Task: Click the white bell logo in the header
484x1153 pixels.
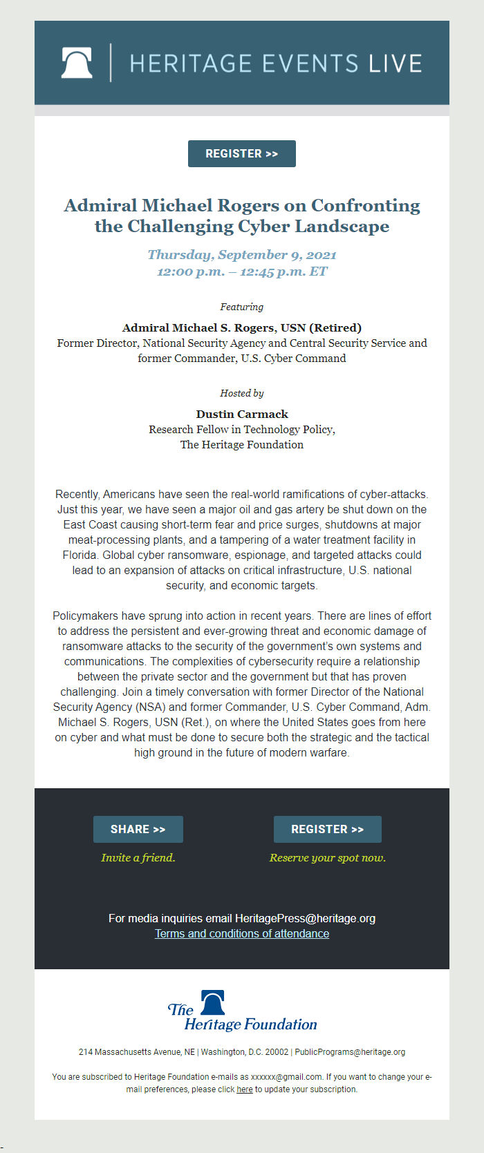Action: [77, 63]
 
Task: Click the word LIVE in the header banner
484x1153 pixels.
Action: [395, 64]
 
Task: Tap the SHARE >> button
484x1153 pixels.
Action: [138, 829]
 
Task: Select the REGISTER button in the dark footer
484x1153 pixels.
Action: [327, 829]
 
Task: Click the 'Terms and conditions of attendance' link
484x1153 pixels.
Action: [242, 933]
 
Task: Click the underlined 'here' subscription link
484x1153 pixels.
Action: [245, 1089]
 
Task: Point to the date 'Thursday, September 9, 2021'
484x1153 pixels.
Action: [242, 254]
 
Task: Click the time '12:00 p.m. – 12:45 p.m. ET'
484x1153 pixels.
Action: [242, 271]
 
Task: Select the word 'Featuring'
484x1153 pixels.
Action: [242, 307]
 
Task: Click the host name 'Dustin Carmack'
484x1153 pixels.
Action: [242, 414]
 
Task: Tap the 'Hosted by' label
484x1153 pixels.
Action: [242, 393]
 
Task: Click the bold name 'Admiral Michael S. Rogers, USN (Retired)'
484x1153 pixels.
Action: [242, 327]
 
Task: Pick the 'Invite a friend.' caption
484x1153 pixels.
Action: [138, 857]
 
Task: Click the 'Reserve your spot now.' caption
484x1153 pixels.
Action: [328, 857]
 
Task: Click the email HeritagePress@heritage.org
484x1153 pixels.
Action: [305, 918]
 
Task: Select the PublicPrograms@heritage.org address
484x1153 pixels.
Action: [350, 1052]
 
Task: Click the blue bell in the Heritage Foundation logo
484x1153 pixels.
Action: [212, 1002]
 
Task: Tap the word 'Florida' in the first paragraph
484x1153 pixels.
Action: [80, 555]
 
